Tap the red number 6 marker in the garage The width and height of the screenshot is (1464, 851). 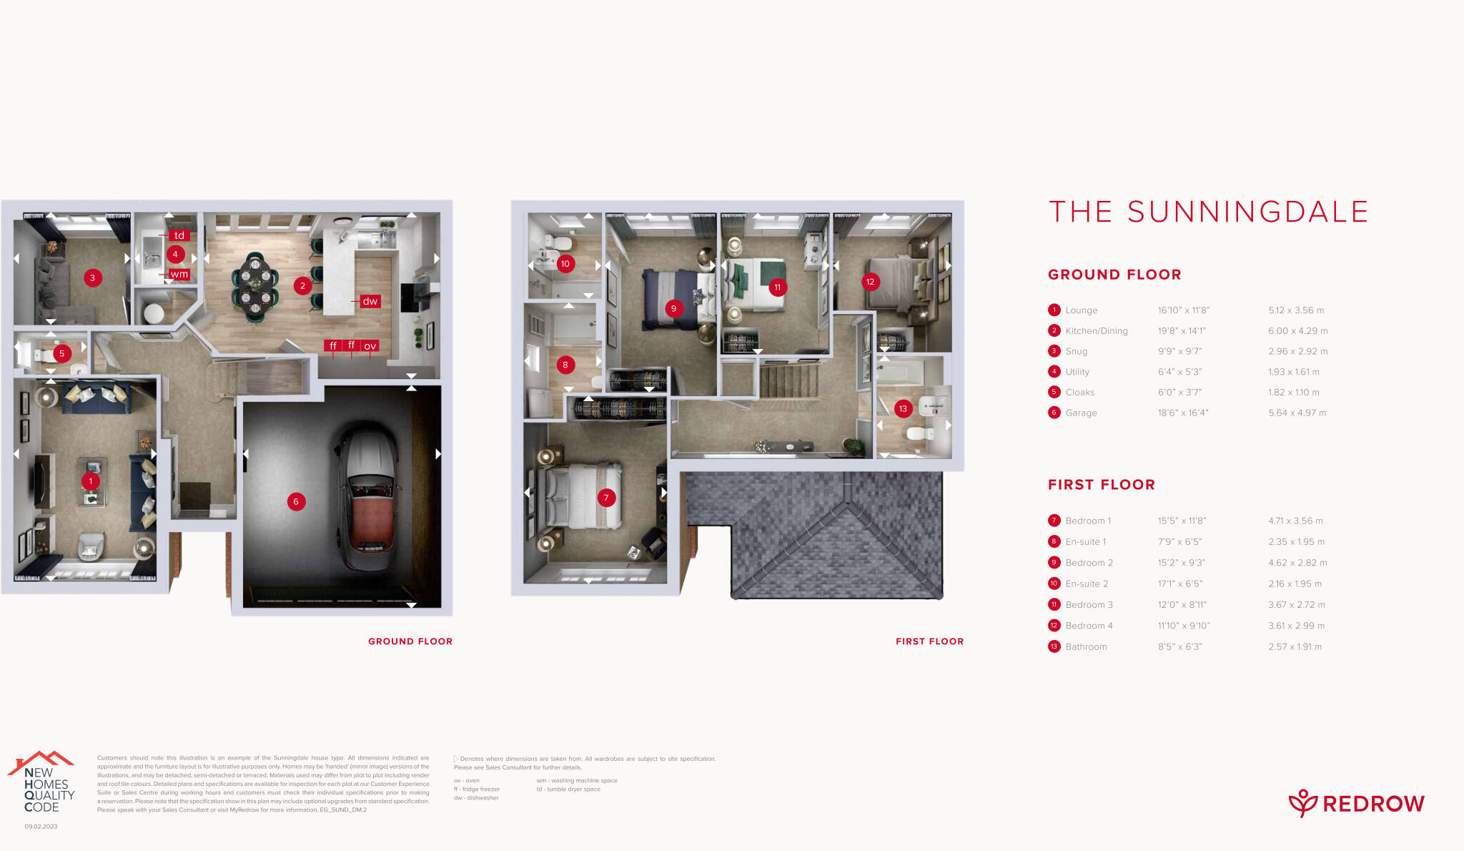click(296, 501)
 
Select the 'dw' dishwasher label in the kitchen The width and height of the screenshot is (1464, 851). click(370, 301)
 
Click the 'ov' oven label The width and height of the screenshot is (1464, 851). click(370, 346)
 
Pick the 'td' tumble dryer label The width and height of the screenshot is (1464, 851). click(179, 235)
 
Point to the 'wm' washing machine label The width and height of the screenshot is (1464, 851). click(179, 274)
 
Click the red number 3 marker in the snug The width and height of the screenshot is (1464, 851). click(92, 278)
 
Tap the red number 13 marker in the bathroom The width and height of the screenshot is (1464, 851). click(903, 409)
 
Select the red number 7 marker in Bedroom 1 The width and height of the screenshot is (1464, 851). click(606, 498)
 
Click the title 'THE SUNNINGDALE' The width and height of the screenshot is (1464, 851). click(1208, 212)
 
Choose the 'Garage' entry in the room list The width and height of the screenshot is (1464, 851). click(1081, 413)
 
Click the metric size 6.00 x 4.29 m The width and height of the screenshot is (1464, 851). click(1297, 331)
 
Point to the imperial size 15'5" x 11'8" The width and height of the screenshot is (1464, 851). click(1182, 521)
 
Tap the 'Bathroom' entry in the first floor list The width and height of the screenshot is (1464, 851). click(1086, 646)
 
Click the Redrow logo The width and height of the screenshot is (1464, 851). click(1356, 804)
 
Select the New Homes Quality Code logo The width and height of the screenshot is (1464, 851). click(43, 784)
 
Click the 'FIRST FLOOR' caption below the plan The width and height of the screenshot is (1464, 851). click(929, 641)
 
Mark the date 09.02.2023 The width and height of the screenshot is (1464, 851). click(41, 827)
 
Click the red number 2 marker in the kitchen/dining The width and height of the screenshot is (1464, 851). click(302, 286)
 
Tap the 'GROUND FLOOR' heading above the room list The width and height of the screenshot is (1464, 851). click(1114, 275)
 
